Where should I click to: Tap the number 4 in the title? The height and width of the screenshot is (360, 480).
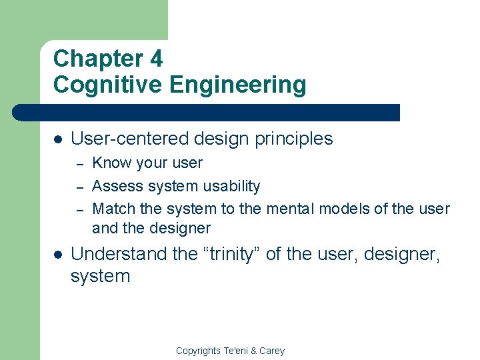[x=156, y=59]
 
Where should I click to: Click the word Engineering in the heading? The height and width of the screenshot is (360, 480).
[x=238, y=85]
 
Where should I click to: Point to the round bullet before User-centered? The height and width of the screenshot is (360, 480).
[x=58, y=139]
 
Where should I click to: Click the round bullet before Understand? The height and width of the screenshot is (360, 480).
[x=58, y=254]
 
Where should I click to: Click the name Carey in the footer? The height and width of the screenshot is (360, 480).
[x=271, y=351]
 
